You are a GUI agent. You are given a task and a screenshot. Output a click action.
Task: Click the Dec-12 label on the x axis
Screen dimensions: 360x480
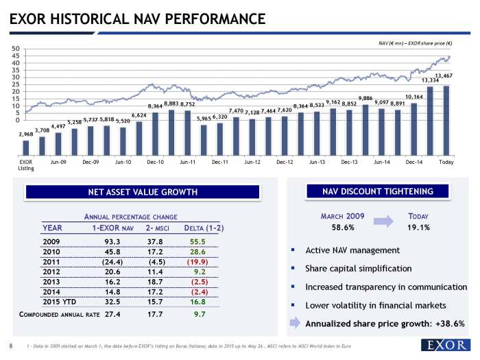coord(285,162)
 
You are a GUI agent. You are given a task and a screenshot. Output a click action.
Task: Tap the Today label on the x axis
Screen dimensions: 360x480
coord(446,162)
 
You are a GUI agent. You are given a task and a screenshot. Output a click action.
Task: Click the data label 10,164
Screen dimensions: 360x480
coord(414,97)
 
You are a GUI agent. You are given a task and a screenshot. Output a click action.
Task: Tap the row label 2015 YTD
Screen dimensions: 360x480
coord(60,301)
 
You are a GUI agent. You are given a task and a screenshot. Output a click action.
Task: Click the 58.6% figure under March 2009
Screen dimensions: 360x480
coord(343,228)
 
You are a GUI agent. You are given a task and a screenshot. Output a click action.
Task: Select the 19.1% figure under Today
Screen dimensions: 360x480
coord(418,228)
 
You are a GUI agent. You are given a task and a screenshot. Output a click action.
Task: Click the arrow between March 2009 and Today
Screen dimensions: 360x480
coord(382,221)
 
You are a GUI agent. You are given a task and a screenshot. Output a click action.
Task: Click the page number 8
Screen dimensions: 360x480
coord(11,345)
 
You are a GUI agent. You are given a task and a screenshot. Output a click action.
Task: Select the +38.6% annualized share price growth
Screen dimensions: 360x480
coord(444,324)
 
